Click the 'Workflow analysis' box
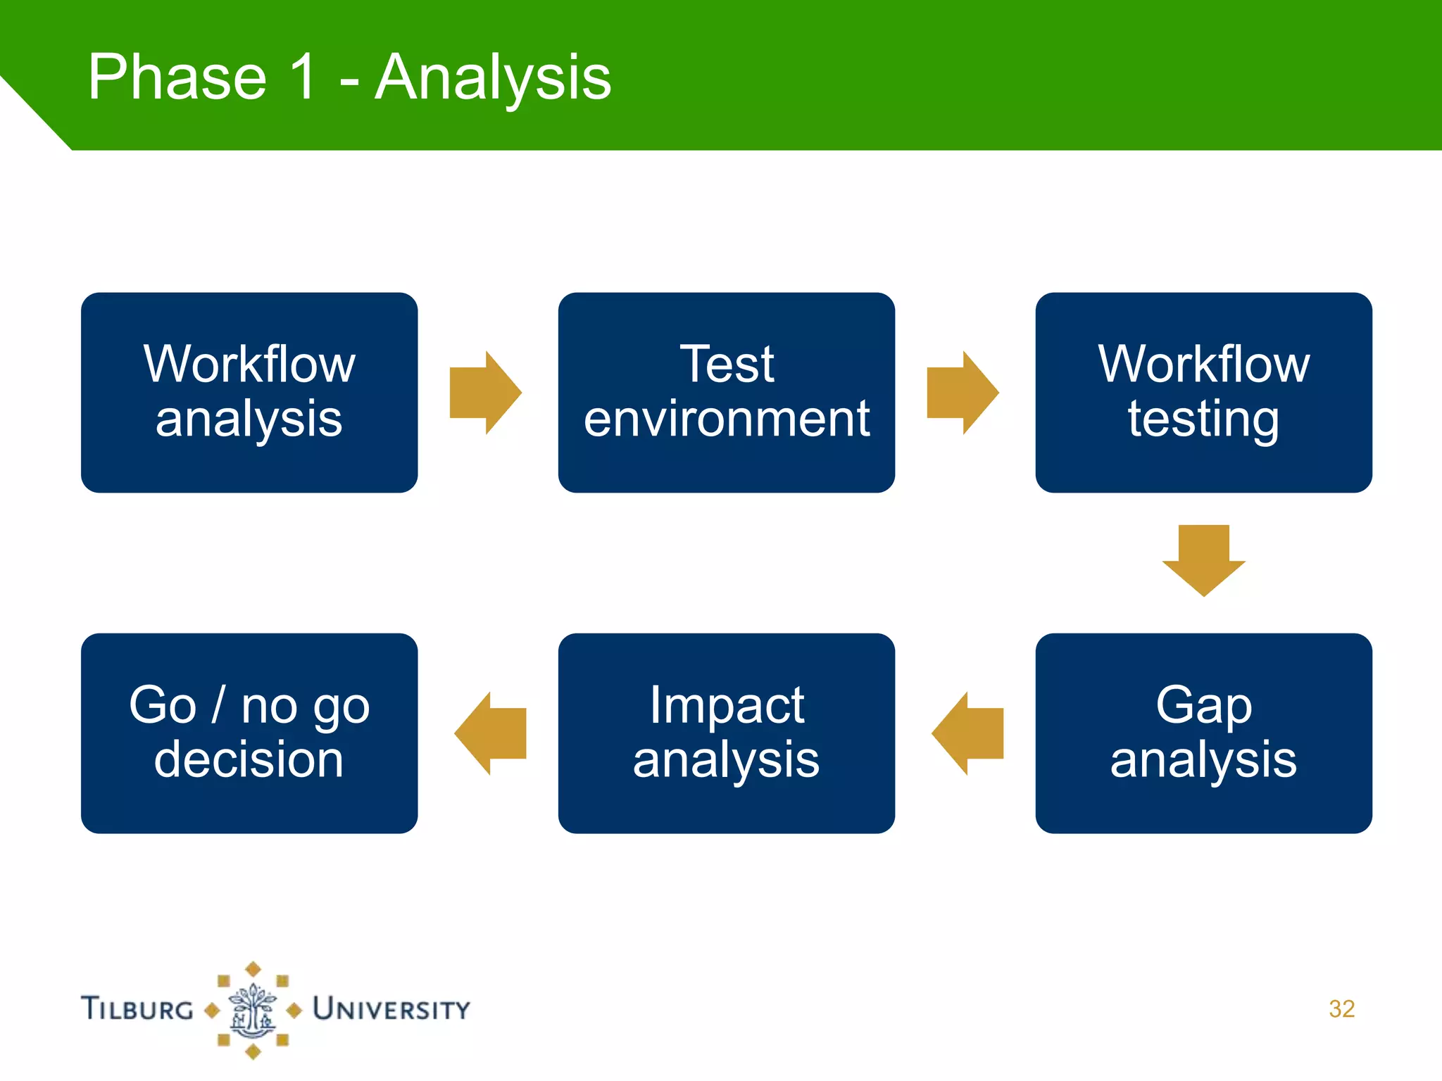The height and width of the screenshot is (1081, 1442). pyautogui.click(x=249, y=392)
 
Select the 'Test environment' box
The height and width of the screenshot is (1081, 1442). pyautogui.click(x=726, y=392)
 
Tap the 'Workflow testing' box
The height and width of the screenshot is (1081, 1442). pyautogui.click(x=1203, y=392)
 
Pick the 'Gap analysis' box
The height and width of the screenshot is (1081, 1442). pyautogui.click(x=1203, y=733)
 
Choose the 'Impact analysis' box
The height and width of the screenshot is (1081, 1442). pyautogui.click(x=726, y=733)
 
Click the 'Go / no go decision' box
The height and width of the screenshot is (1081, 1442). pyautogui.click(x=249, y=733)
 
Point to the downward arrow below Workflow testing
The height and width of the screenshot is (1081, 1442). pyautogui.click(x=1203, y=560)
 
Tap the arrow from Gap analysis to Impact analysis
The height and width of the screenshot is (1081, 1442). pyautogui.click(x=968, y=733)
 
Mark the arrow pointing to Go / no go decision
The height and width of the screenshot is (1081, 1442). pyautogui.click(x=491, y=733)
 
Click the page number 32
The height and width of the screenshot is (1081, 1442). pyautogui.click(x=1341, y=1009)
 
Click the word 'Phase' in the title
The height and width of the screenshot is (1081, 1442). pyautogui.click(x=177, y=77)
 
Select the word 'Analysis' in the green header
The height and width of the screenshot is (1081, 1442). pyautogui.click(x=493, y=79)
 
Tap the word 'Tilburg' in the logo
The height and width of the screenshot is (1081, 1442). pyautogui.click(x=138, y=1009)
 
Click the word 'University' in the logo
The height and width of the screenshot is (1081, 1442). pyautogui.click(x=391, y=1009)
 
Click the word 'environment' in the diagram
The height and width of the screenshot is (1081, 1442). pyautogui.click(x=726, y=419)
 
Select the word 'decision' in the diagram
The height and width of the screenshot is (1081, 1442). pyautogui.click(x=249, y=759)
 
